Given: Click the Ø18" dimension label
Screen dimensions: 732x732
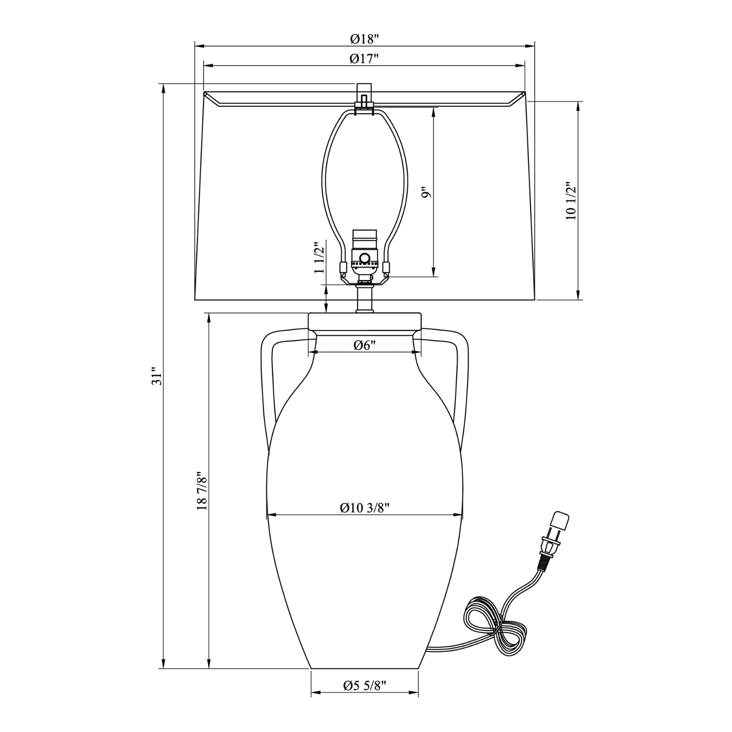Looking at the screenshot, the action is (x=365, y=39).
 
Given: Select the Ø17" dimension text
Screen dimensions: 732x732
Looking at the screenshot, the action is (x=364, y=59).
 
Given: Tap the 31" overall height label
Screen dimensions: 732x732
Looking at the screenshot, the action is (x=157, y=376).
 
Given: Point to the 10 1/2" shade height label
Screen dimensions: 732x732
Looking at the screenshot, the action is (x=571, y=201).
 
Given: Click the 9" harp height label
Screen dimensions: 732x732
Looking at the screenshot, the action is (x=426, y=192).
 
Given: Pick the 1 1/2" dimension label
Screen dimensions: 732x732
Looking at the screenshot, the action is (x=319, y=257).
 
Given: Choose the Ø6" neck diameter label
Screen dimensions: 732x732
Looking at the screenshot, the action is (x=364, y=345).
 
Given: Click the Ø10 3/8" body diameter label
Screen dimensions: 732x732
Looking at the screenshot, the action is (x=364, y=508).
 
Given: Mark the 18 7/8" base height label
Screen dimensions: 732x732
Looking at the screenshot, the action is (x=202, y=491).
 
